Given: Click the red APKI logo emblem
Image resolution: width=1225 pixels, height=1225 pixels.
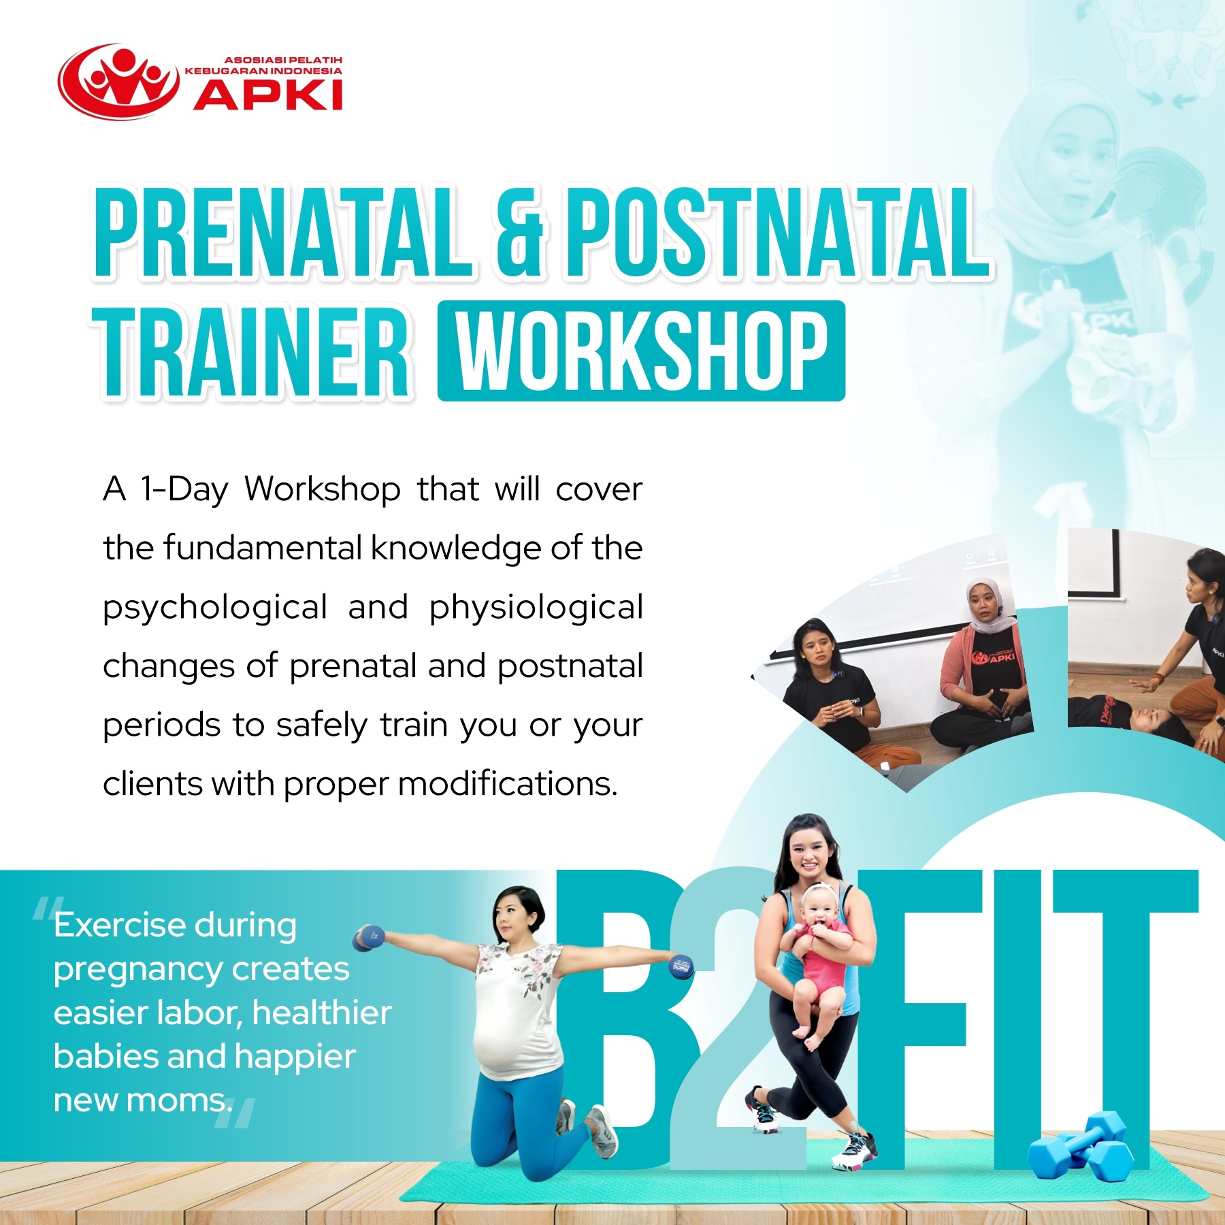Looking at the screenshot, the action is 119,82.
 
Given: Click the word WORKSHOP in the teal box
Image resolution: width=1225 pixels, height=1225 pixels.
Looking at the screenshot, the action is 642,351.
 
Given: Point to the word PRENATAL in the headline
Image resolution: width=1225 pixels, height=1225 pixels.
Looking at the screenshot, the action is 283,233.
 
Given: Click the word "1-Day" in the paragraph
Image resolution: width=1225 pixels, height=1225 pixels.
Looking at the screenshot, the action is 184,490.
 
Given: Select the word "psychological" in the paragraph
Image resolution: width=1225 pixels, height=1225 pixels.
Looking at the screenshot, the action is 215,608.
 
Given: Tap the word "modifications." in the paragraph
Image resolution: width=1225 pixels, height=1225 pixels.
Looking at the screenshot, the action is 508,784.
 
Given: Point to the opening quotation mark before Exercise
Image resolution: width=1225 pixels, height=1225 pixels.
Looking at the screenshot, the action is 46,909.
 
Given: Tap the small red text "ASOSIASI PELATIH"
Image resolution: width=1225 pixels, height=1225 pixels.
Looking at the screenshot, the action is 283,60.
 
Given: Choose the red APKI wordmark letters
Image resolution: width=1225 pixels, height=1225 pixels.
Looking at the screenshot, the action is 268,95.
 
